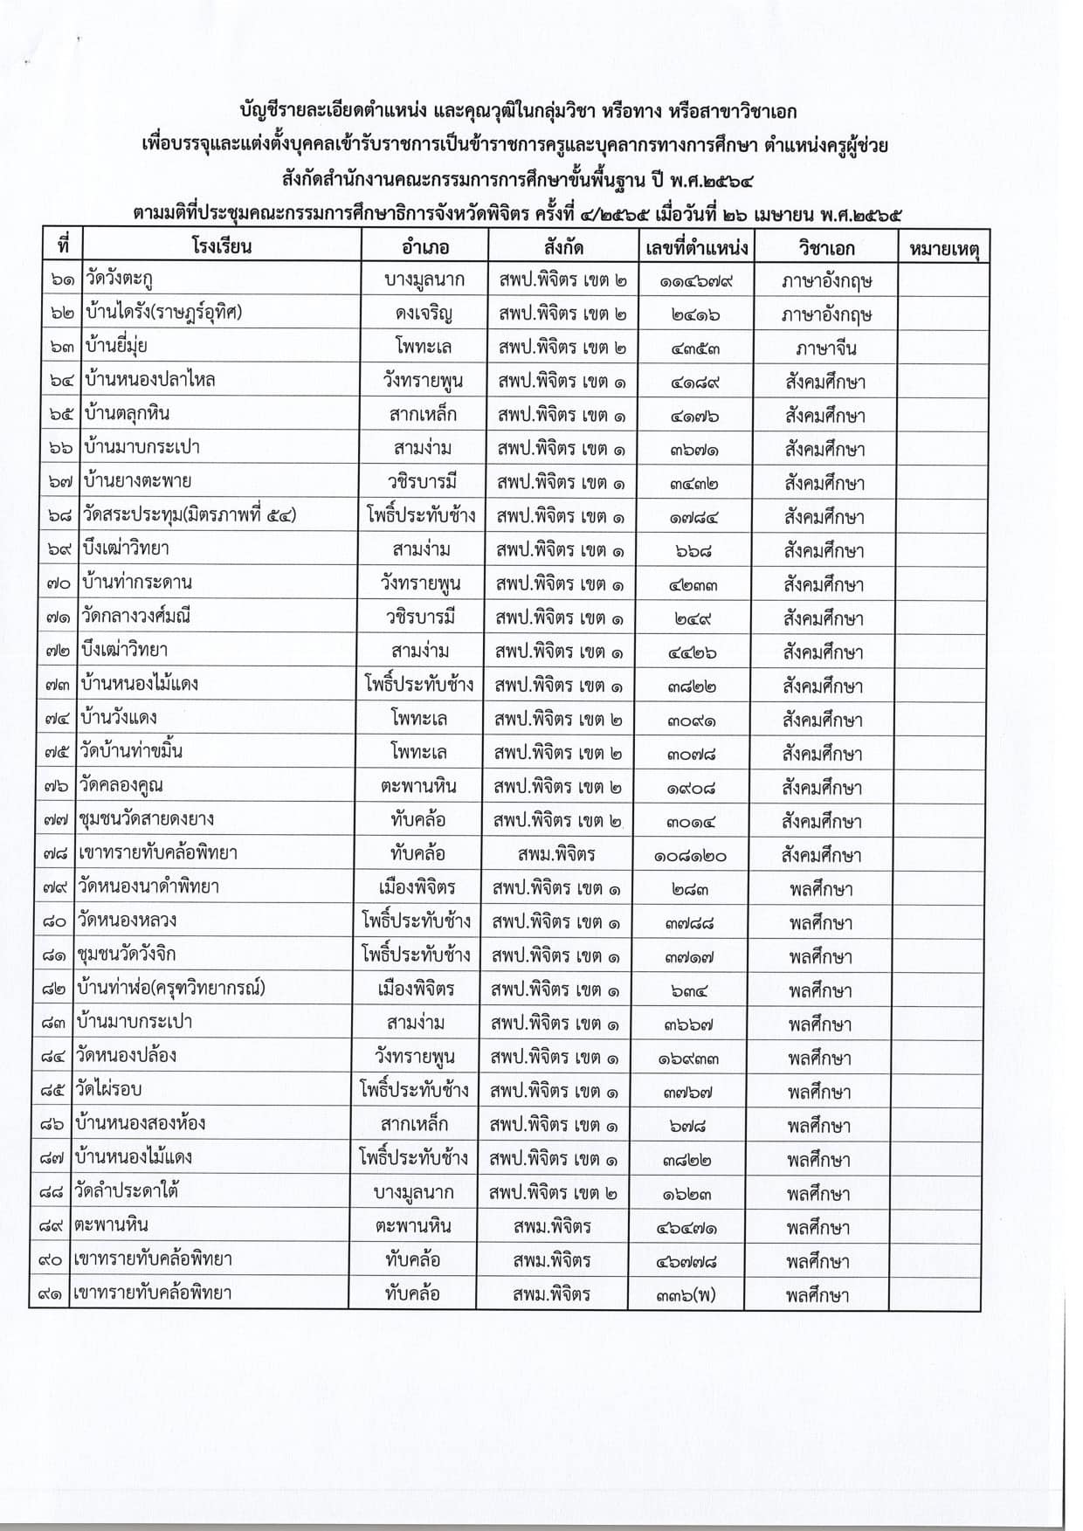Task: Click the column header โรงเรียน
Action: click(x=222, y=246)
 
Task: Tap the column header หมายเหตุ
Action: click(x=943, y=249)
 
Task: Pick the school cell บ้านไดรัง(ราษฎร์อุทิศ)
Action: click(x=163, y=313)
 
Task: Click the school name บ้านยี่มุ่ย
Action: click(x=115, y=346)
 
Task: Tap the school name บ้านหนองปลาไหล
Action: click(x=149, y=380)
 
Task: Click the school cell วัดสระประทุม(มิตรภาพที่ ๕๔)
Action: click(x=190, y=515)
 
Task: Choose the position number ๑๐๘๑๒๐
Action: click(x=689, y=856)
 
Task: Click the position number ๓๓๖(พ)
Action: click(x=686, y=1295)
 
